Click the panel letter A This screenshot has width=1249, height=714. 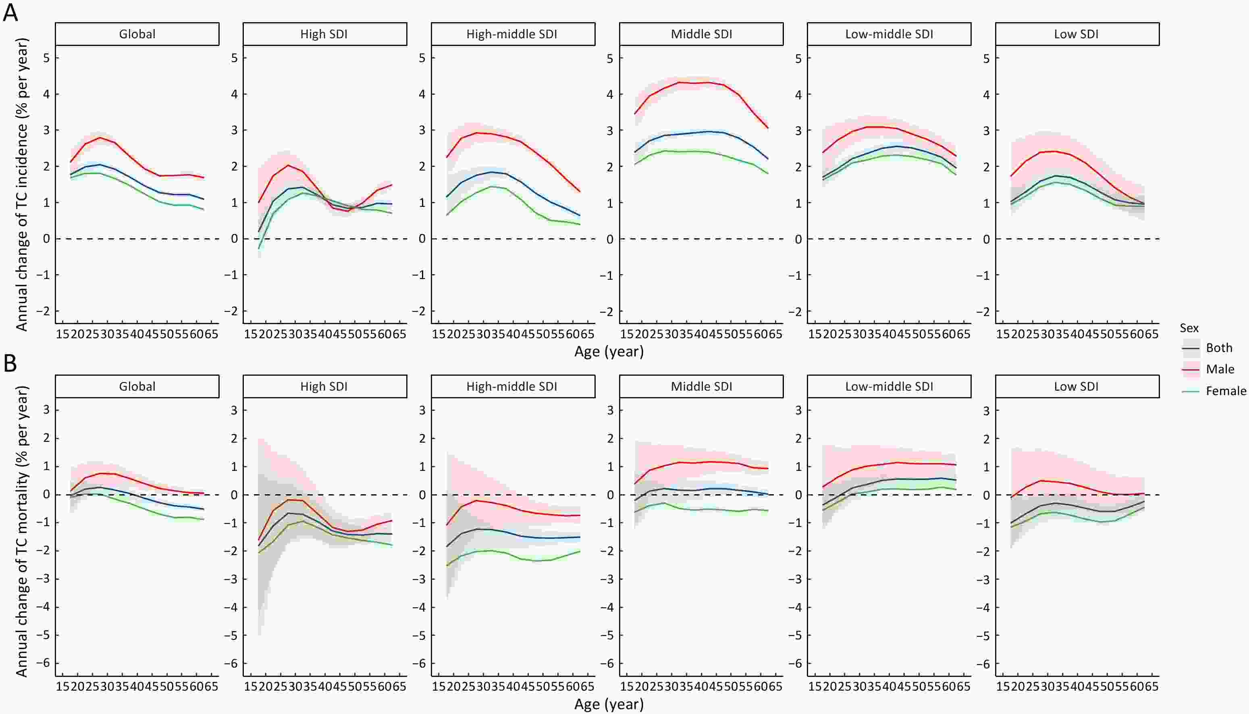click(x=10, y=12)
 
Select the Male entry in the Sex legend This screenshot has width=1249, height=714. click(x=1220, y=369)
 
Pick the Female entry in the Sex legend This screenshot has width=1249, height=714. click(x=1226, y=390)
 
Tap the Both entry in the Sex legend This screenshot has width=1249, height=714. click(x=1219, y=348)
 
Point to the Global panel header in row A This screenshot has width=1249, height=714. click(x=137, y=34)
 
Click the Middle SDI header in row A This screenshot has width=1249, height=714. click(x=701, y=34)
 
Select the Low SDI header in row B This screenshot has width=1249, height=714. click(x=1077, y=386)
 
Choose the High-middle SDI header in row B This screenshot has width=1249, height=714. click(x=512, y=386)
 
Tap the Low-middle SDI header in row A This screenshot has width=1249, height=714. click(x=889, y=34)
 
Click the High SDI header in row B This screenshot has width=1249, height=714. click(x=324, y=386)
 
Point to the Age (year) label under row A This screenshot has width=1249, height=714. click(x=609, y=351)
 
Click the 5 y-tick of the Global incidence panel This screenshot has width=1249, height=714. click(x=47, y=58)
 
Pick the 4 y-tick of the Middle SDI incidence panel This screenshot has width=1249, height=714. click(x=610, y=94)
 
